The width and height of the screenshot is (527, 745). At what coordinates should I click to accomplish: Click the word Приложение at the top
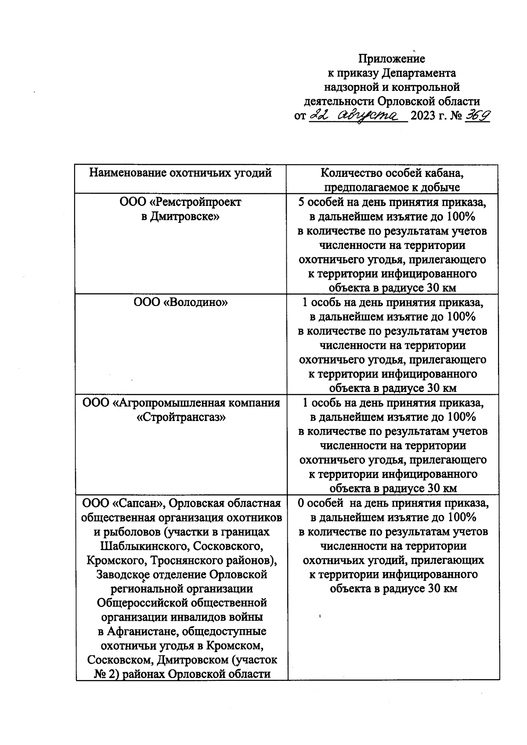392,58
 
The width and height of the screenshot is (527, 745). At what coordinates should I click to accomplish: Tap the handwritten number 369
478,115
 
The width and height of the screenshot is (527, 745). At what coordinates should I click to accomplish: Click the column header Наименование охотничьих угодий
180,173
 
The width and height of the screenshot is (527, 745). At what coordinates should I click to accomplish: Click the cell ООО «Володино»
180,302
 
